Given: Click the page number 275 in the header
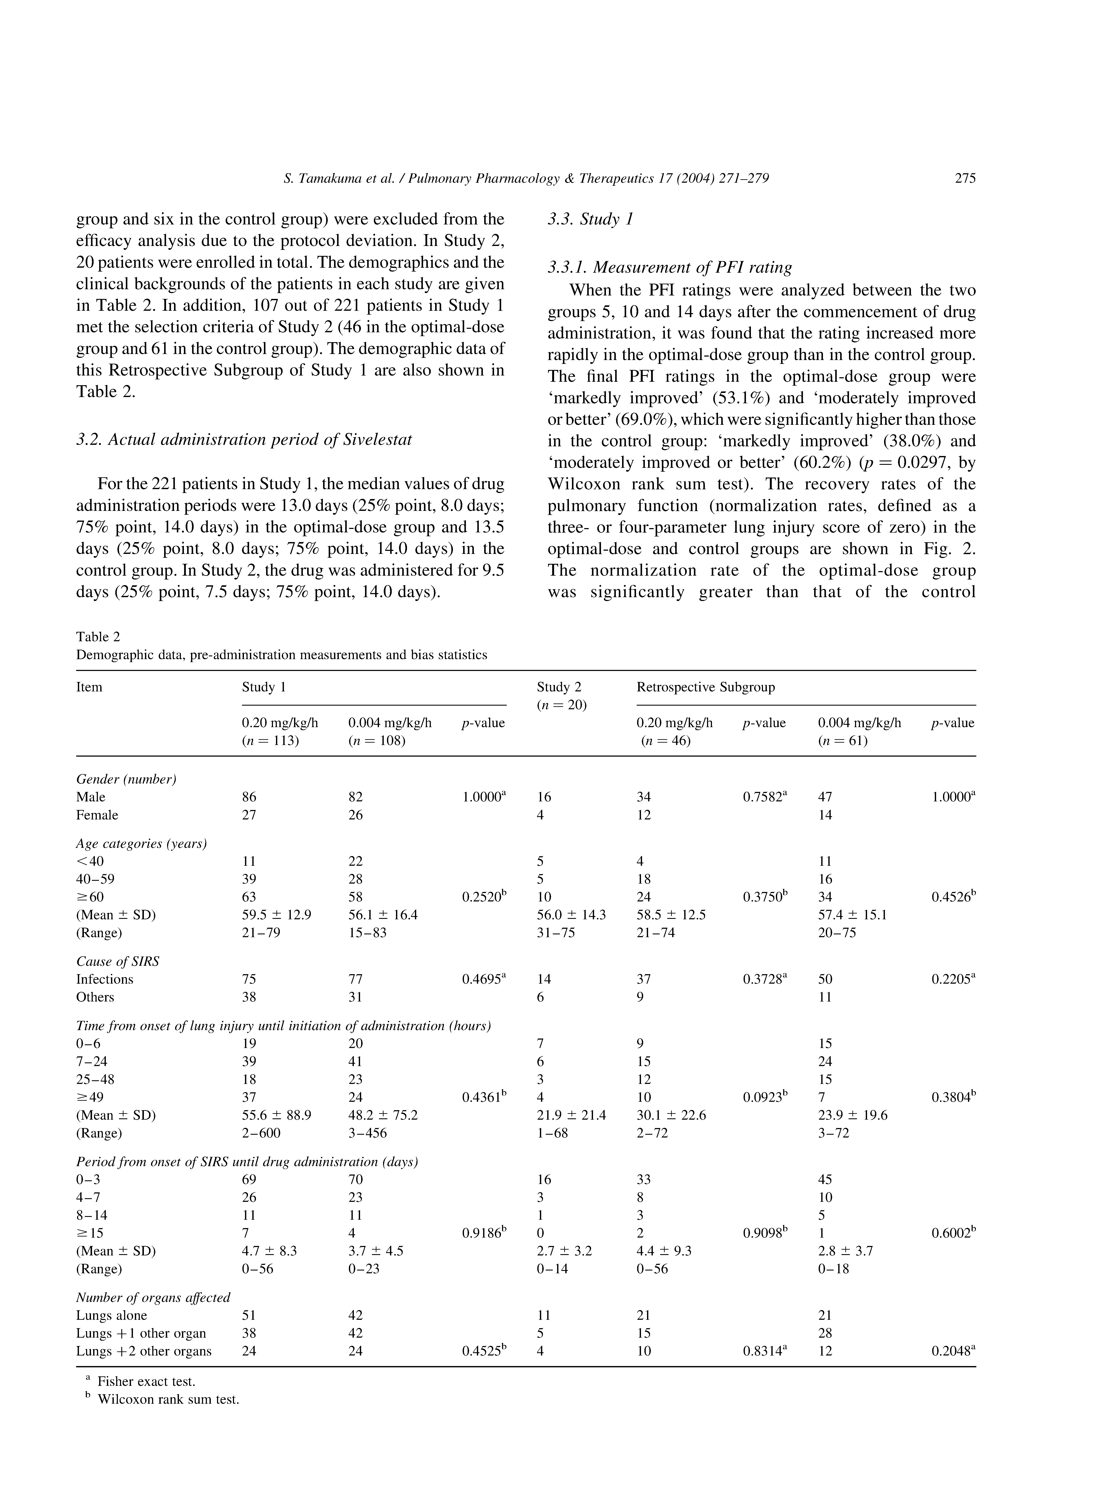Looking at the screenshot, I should pyautogui.click(x=964, y=178).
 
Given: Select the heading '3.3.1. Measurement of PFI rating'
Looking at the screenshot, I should pyautogui.click(x=670, y=268).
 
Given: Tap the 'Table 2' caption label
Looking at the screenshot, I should pyautogui.click(x=98, y=637).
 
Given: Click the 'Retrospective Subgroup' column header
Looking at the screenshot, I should pyautogui.click(x=706, y=687).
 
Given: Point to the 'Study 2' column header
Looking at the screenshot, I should pyautogui.click(x=563, y=687).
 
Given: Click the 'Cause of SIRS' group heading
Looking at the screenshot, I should pyautogui.click(x=118, y=961).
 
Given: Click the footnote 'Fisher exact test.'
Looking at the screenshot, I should pyautogui.click(x=146, y=1382).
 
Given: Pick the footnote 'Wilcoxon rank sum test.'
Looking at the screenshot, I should pyautogui.click(x=168, y=1399).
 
